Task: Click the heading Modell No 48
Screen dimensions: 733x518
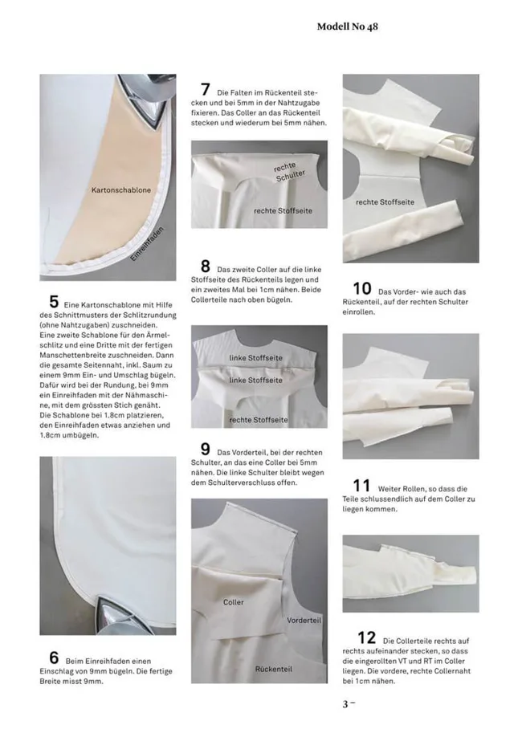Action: (347, 26)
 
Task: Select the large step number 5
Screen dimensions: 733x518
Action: (54, 302)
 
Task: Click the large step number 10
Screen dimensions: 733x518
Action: (362, 288)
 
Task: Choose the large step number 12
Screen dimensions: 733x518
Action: (366, 637)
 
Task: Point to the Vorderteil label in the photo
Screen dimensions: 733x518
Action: (304, 621)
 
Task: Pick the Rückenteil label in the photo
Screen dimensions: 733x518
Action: (273, 668)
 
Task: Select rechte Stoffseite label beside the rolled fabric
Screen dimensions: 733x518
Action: (385, 202)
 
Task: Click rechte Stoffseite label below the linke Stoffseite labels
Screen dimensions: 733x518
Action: (259, 419)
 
